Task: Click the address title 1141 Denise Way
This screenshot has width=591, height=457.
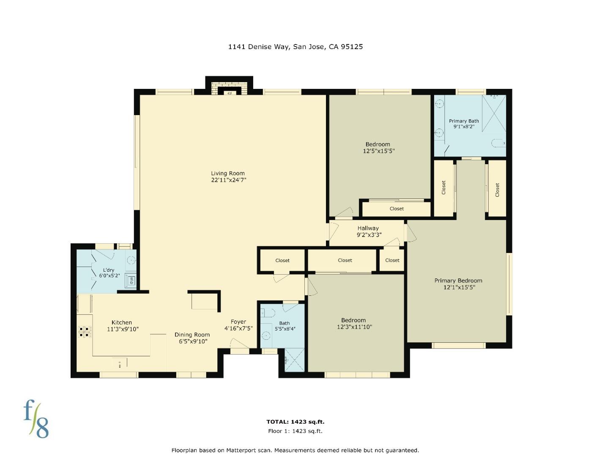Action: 295,47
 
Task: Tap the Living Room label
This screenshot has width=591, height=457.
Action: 228,173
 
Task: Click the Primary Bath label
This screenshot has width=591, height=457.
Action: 464,121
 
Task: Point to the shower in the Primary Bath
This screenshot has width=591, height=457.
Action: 494,113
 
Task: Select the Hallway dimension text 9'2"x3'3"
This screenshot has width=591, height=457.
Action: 369,235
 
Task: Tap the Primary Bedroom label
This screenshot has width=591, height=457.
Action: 458,281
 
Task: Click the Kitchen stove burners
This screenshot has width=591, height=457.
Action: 84,332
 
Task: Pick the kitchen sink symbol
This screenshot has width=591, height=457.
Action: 120,363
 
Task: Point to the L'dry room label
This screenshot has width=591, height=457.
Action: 109,270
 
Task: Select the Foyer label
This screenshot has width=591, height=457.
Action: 238,322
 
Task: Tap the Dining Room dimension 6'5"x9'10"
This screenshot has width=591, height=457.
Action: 193,341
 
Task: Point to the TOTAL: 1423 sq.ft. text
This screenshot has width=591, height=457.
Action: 295,421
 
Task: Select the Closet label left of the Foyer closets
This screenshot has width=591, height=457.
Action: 282,260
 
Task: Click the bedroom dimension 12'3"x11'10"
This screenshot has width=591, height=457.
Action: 354,327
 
